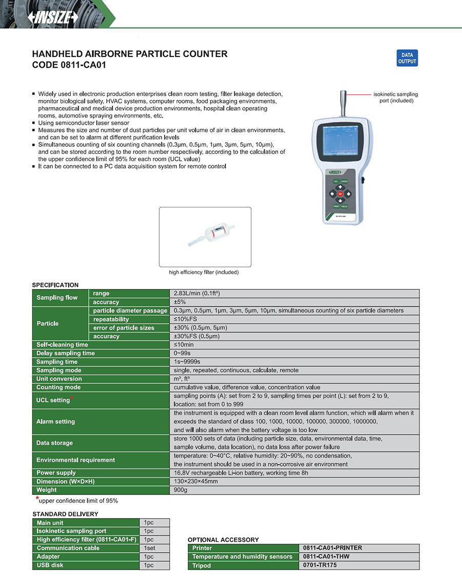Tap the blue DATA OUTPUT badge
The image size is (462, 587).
pos(407,58)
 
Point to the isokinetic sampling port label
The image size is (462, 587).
pos(395,97)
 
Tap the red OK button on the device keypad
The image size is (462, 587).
pos(340,194)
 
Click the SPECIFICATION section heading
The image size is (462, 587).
pos(55,285)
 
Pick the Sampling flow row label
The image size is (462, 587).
pos(57,298)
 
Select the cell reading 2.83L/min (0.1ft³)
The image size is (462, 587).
pos(198,293)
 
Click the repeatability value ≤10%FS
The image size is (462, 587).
pos(186,319)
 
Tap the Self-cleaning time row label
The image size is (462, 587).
pos(62,345)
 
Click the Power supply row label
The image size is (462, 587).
pos(56,473)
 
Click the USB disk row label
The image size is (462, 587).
pos(50,565)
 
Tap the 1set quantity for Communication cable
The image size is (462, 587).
pos(149,548)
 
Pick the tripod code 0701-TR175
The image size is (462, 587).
pos(320,565)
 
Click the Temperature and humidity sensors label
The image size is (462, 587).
pos(242,557)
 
